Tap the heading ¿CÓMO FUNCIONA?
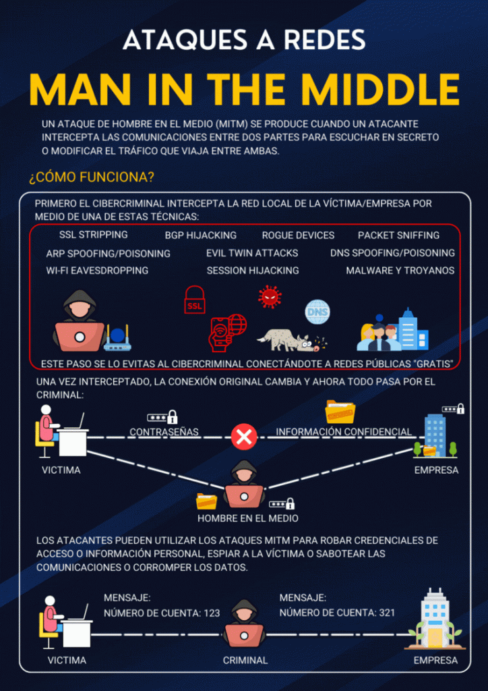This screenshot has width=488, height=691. point(92,178)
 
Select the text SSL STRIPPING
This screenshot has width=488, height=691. point(94,234)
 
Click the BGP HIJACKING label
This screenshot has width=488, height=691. point(201,236)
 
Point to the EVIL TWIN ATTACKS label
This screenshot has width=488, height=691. point(252,253)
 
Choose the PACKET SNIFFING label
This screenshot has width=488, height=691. point(398,236)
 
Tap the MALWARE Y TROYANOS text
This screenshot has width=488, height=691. point(400,270)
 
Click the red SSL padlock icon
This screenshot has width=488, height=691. point(195,300)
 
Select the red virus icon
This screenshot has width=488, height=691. point(270,297)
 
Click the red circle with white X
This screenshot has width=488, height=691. point(244,437)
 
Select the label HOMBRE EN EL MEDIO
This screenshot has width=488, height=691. point(248,518)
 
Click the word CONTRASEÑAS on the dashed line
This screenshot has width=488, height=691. point(164,432)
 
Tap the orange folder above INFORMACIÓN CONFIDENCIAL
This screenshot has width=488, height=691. point(340,412)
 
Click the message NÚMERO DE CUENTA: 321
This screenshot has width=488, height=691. point(338,612)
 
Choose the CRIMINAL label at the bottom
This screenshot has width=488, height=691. point(245,660)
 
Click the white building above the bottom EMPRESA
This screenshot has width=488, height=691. point(435,618)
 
